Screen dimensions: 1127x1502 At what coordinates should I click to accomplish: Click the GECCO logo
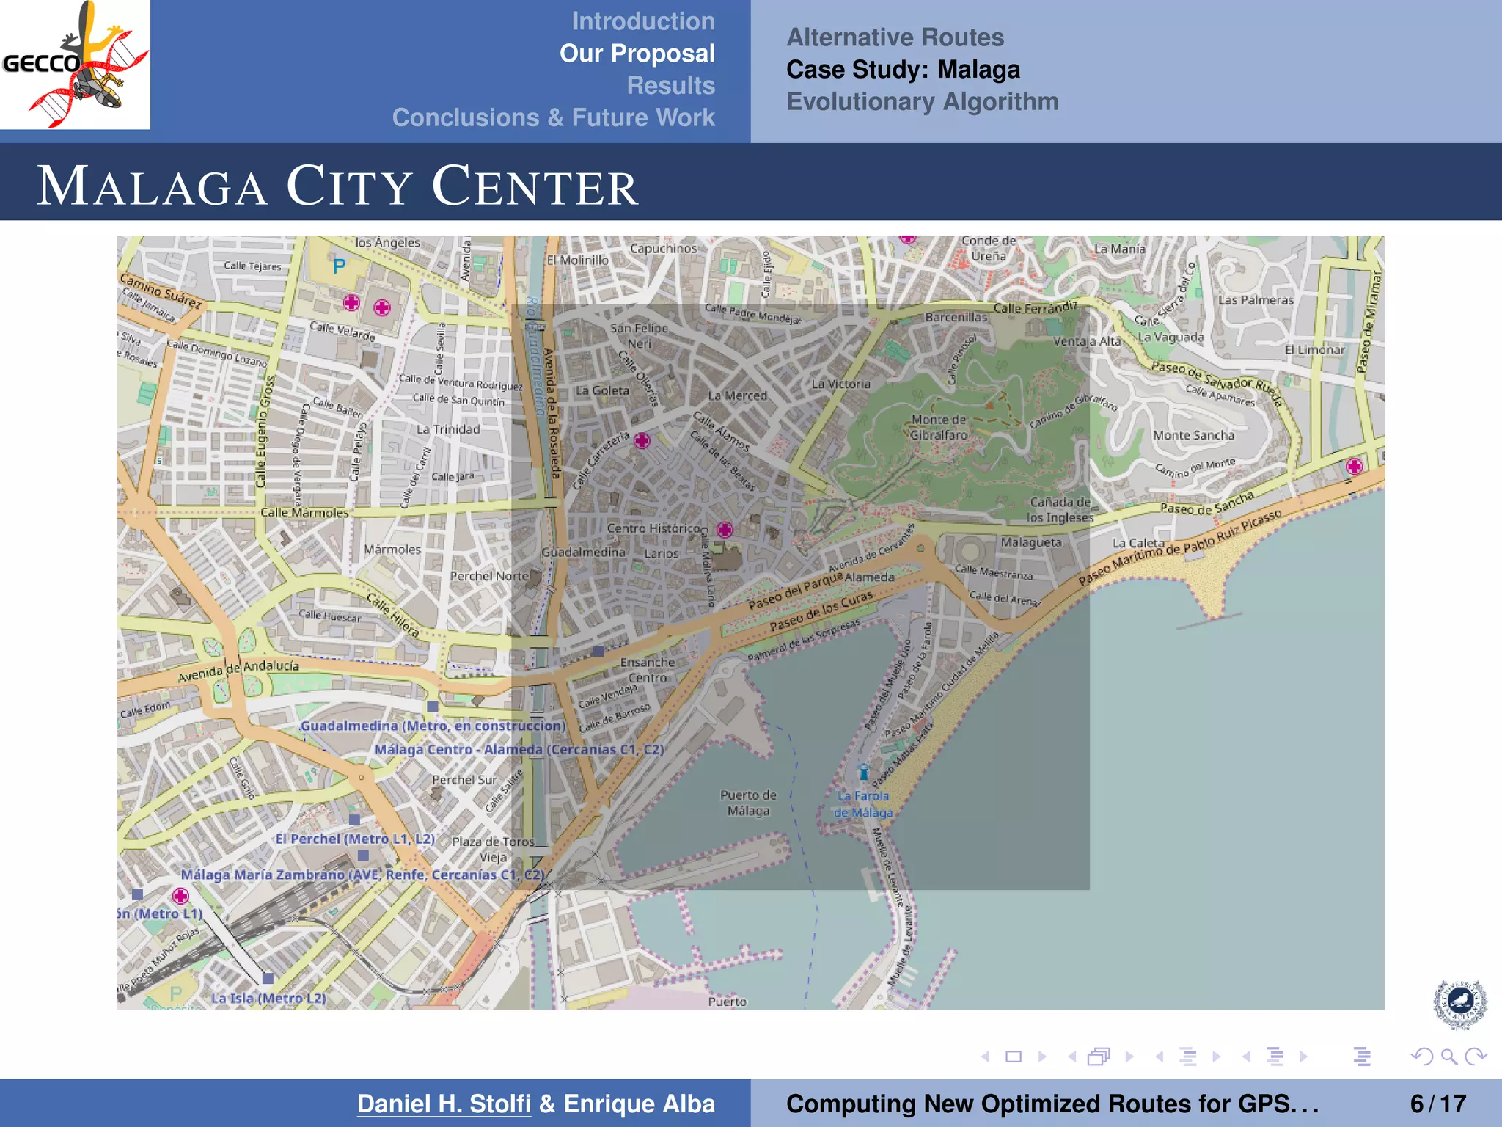coord(75,65)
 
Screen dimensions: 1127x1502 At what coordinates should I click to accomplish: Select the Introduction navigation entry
coord(642,21)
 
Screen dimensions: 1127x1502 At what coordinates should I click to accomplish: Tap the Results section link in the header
coord(670,85)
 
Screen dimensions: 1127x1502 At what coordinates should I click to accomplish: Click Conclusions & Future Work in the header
coord(553,117)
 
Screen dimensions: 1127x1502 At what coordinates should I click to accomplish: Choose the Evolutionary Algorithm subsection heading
coord(922,101)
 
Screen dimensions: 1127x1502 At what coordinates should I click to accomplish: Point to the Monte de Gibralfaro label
coord(939,427)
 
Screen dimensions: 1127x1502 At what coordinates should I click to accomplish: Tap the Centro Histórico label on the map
coord(656,528)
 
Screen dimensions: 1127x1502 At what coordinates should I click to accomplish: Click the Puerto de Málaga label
coord(748,803)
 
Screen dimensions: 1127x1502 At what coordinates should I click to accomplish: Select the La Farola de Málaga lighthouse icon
coord(864,772)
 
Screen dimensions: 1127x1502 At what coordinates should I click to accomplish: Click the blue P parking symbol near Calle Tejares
coord(339,266)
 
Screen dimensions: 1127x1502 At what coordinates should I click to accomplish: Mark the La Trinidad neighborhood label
coord(448,429)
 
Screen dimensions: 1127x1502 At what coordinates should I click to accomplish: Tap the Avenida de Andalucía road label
coord(238,670)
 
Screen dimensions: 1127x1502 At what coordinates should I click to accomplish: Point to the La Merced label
coord(737,395)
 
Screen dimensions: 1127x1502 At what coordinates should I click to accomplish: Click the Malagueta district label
coord(1031,542)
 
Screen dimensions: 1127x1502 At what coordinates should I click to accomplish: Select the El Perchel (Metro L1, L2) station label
coord(355,839)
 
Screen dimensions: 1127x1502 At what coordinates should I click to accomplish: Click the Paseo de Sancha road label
coord(1206,503)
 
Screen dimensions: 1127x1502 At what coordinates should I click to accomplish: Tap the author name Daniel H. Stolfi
coord(444,1104)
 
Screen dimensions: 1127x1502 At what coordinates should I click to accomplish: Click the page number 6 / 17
coord(1437,1104)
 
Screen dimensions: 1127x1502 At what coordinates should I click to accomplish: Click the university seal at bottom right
coord(1459,1003)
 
